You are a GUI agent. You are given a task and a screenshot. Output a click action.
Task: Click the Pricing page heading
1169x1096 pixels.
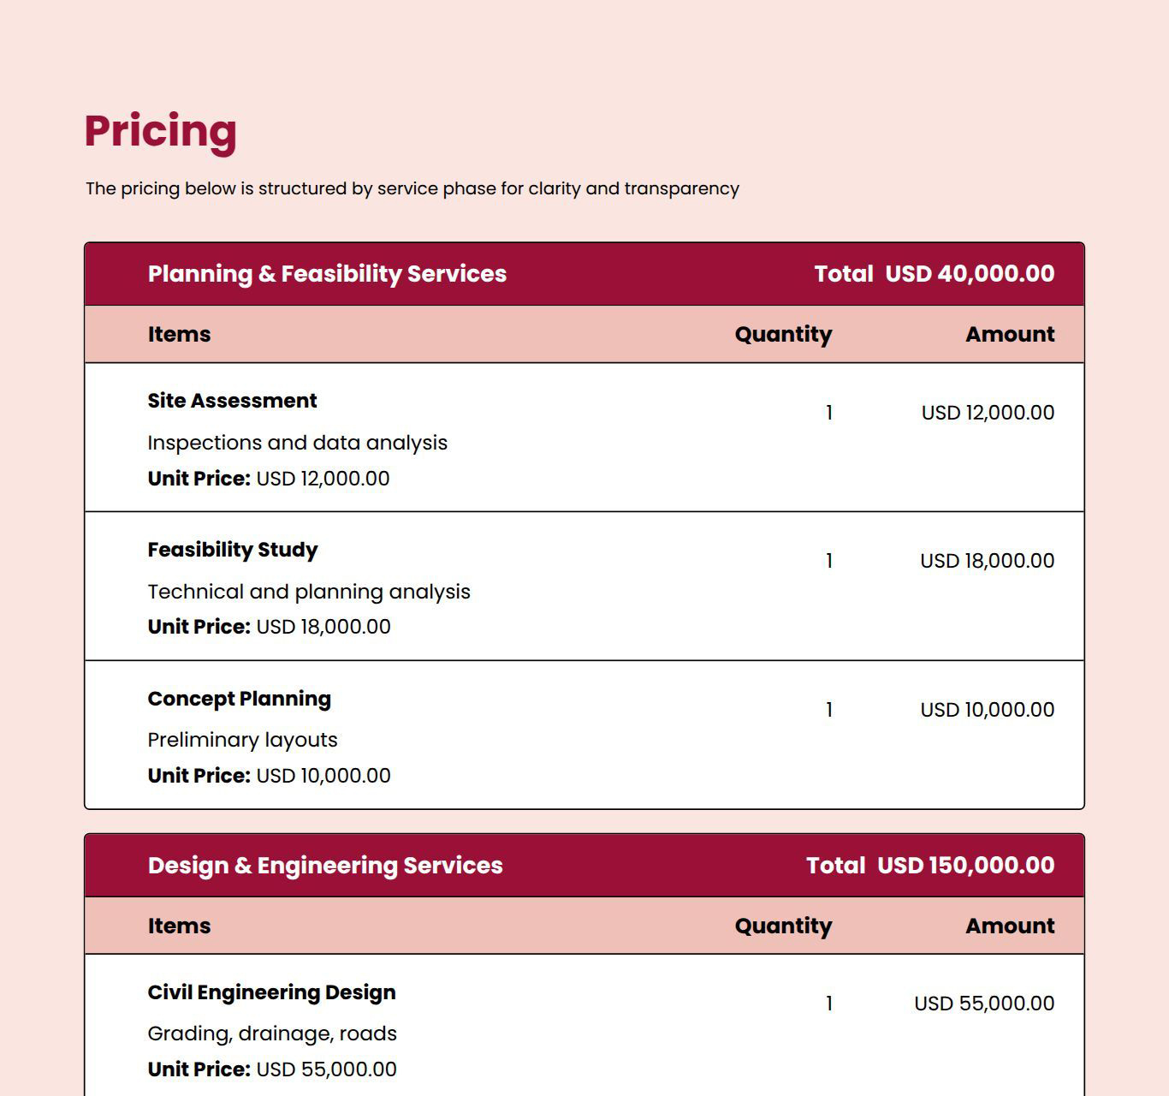tap(160, 131)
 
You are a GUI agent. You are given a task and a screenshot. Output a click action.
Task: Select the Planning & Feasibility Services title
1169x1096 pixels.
tap(327, 274)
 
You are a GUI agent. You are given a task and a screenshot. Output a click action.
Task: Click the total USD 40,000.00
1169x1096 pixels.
tap(969, 274)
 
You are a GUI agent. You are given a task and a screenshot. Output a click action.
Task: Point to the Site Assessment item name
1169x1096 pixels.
tap(232, 401)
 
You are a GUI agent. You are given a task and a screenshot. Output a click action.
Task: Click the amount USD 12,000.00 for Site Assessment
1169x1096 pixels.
tap(988, 413)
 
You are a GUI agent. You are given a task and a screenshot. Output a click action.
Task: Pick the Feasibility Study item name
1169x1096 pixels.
tap(232, 550)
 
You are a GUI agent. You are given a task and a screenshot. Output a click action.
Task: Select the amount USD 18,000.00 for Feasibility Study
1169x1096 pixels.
tap(987, 561)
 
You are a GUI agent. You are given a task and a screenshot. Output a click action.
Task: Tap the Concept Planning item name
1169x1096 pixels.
tap(239, 699)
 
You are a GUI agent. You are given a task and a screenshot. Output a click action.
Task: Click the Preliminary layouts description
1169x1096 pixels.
tap(242, 740)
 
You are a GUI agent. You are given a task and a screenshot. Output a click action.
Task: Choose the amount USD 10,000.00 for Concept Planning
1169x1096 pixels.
tap(987, 710)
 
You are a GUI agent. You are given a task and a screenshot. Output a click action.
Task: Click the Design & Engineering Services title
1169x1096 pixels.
tap(325, 866)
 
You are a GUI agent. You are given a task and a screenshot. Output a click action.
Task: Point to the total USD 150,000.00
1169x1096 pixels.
tap(965, 866)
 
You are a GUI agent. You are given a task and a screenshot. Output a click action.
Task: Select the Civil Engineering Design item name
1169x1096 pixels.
tap(271, 992)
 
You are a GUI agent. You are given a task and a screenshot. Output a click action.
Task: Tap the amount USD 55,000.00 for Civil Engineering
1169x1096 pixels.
tap(984, 1004)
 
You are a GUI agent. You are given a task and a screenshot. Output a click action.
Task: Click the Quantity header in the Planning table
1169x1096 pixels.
tap(783, 335)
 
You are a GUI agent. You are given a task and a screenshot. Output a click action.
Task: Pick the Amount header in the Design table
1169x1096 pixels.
tap(1010, 926)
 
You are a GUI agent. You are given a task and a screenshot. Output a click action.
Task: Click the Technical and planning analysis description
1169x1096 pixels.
tap(309, 592)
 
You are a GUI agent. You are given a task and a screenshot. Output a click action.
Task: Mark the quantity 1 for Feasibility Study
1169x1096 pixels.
tap(828, 561)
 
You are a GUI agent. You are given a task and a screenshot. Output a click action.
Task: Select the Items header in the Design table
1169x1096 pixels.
tap(179, 926)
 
